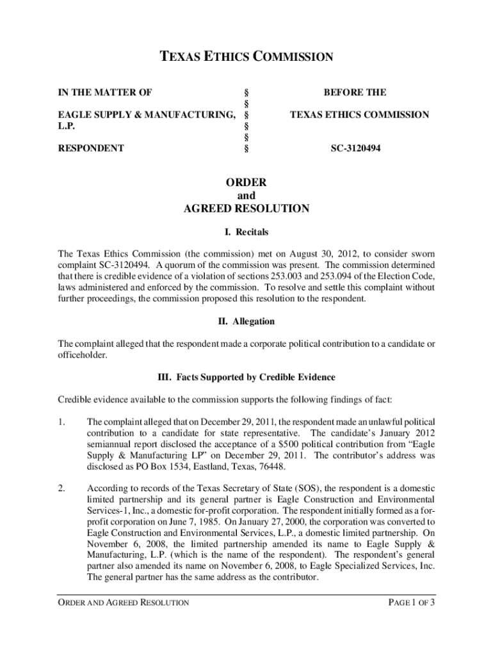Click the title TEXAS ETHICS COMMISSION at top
246,57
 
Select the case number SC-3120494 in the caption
355,148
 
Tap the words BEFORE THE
355,93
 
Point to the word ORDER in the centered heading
246,182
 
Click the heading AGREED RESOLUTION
246,209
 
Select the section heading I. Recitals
246,232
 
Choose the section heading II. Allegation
246,321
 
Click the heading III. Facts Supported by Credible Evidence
246,377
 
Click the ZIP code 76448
273,466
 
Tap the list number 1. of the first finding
62,422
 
